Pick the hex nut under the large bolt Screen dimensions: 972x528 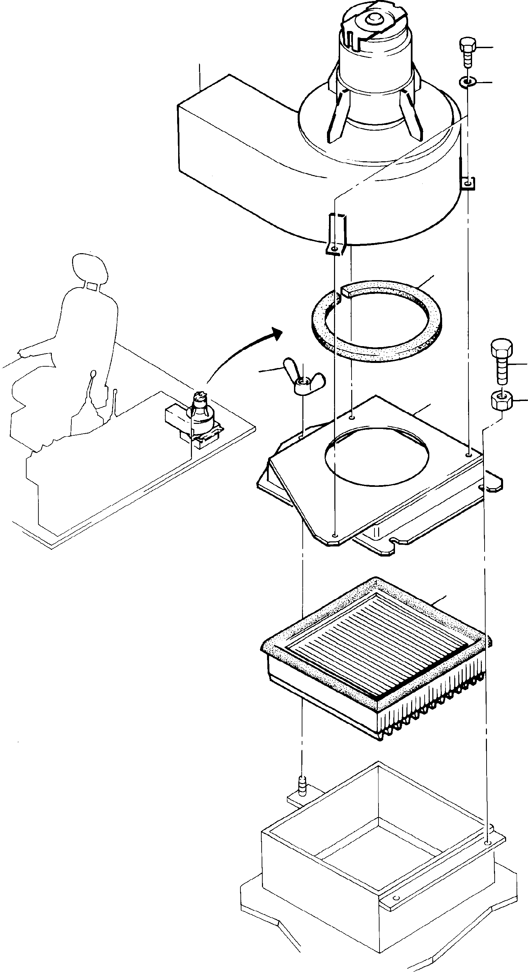coord(501,400)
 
